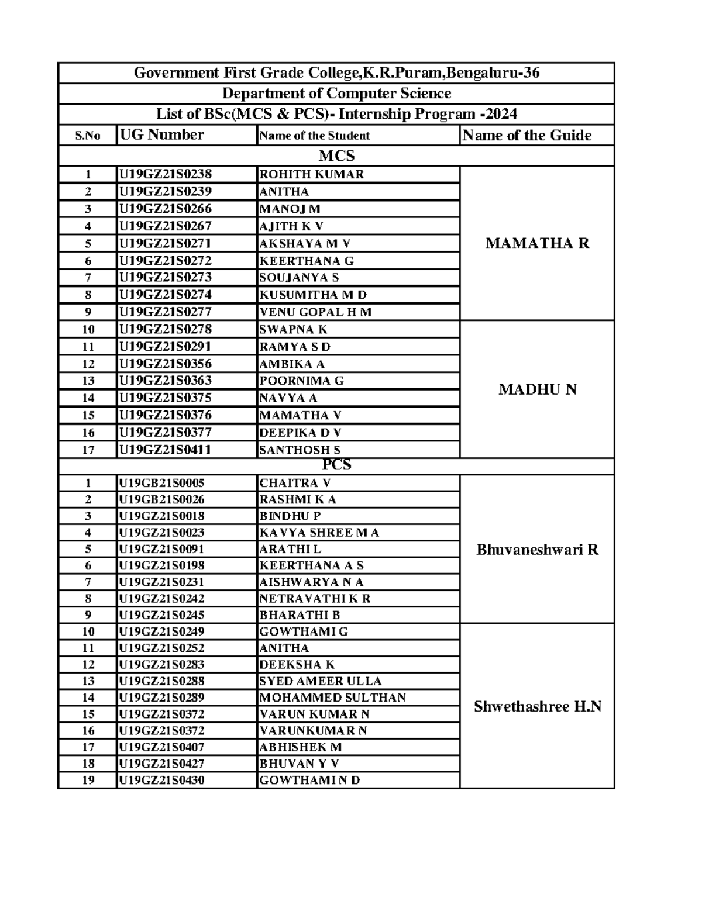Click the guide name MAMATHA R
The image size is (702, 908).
[x=537, y=243]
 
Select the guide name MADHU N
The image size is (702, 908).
[x=537, y=389]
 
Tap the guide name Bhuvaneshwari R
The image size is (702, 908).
[x=537, y=550]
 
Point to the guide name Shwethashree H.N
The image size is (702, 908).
[x=537, y=706]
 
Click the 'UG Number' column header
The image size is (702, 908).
[x=161, y=135]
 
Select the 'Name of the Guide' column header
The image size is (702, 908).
[x=526, y=135]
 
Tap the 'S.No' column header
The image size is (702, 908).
[x=88, y=136]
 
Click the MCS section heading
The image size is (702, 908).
[x=336, y=156]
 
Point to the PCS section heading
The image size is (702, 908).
[x=336, y=465]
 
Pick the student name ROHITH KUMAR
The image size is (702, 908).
[x=311, y=174]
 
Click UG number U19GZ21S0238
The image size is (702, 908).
[x=166, y=174]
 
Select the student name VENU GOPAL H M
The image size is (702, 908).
[x=315, y=312]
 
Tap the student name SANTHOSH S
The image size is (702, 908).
[x=300, y=450]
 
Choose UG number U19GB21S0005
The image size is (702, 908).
[x=161, y=483]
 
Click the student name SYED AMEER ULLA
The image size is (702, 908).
[x=320, y=681]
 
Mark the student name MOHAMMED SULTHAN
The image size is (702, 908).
[x=332, y=698]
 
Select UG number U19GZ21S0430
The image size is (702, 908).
[x=161, y=780]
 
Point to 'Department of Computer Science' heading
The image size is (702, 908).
[x=336, y=94]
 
